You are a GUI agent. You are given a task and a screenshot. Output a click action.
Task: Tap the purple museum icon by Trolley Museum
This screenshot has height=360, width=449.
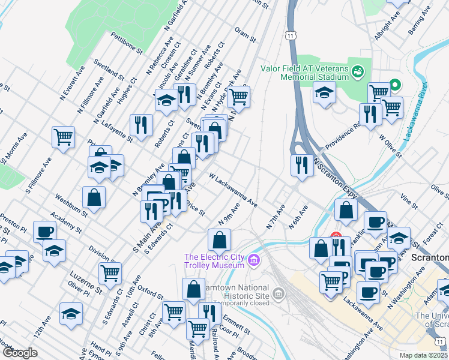[x=254, y=260]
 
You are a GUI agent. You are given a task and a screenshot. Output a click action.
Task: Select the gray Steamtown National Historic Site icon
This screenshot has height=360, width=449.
[x=278, y=293]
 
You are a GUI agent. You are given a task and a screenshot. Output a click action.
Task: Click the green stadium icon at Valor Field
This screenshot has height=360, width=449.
[x=358, y=72]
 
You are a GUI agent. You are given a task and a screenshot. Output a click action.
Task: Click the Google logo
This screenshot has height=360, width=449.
[x=20, y=353]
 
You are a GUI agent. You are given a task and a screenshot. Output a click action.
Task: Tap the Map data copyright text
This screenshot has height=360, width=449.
[x=424, y=355]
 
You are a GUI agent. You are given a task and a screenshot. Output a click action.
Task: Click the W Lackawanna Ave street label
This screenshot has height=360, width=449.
[x=233, y=191]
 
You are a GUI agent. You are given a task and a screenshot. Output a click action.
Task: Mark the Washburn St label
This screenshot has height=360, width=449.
[x=71, y=205]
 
